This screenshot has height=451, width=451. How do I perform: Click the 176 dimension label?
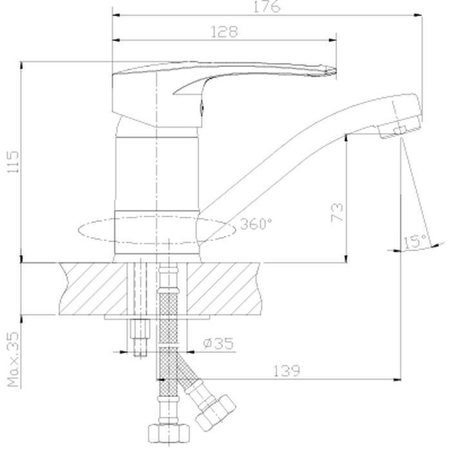(267, 6)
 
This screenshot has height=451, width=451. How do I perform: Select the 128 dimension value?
(224, 32)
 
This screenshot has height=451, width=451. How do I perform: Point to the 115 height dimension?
(13, 162)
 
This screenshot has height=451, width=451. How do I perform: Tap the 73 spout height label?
(337, 212)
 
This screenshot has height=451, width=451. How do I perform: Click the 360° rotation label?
(256, 224)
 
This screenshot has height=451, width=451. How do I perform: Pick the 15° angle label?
(416, 242)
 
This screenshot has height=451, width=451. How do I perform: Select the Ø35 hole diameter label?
(218, 343)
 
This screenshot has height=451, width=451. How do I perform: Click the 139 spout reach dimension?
(286, 370)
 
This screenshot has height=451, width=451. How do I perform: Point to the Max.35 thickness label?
(13, 360)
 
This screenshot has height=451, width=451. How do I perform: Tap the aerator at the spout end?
(392, 131)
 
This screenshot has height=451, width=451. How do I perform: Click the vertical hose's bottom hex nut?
(169, 432)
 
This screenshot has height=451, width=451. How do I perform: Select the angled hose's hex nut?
(215, 414)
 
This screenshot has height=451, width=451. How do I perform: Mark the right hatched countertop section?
(224, 289)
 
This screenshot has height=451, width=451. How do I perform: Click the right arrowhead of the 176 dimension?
(418, 15)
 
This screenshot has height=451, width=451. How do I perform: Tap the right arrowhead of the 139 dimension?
(398, 379)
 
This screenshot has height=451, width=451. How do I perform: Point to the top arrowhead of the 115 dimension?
(21, 66)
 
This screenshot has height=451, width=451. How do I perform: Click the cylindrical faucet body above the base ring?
(157, 174)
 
